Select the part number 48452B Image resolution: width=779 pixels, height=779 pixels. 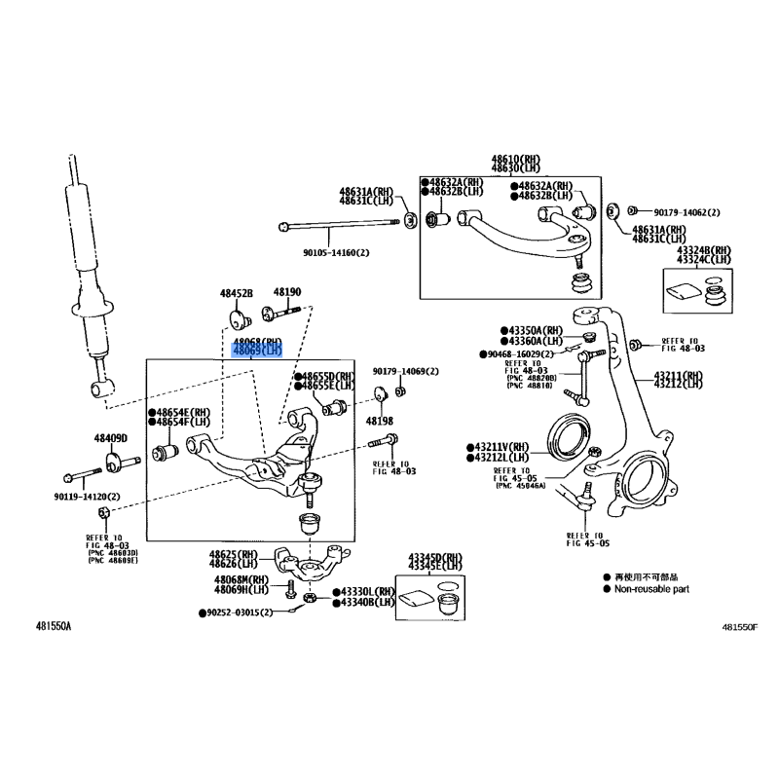click(236, 293)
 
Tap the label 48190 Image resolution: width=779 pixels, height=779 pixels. click(286, 292)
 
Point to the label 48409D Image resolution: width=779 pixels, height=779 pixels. click(111, 438)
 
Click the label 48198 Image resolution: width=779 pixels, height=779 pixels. click(379, 421)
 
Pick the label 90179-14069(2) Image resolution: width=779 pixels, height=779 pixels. click(405, 371)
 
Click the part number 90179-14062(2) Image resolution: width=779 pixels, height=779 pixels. click(686, 212)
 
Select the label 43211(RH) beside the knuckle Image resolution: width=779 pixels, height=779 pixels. click(678, 375)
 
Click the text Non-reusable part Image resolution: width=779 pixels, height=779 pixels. click(651, 589)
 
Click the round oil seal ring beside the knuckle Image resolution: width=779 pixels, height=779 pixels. click(567, 434)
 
